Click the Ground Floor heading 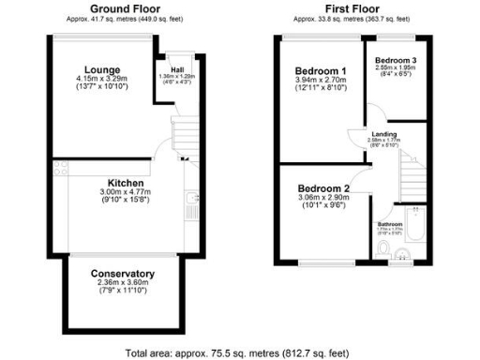(x=124, y=8)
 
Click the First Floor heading (x=352, y=8)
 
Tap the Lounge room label (x=99, y=69)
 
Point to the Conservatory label (x=123, y=274)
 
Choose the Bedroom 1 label (x=320, y=71)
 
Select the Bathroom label (x=390, y=225)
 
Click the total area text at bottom (x=239, y=353)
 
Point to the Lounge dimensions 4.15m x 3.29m (x=99, y=80)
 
